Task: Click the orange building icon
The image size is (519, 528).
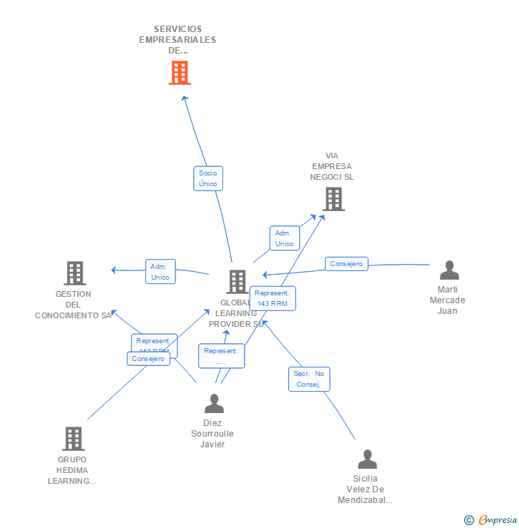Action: click(x=180, y=72)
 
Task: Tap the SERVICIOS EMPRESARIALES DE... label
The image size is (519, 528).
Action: click(x=178, y=40)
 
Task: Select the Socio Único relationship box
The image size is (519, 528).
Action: click(x=208, y=178)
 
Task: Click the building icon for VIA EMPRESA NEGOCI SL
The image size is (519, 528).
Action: click(x=334, y=199)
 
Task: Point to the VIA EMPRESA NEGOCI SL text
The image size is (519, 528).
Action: click(x=332, y=166)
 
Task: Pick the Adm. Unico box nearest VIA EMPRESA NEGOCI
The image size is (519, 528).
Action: click(x=284, y=238)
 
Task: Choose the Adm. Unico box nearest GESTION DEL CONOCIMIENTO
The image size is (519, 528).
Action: click(x=160, y=272)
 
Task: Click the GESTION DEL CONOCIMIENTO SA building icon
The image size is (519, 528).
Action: click(x=75, y=273)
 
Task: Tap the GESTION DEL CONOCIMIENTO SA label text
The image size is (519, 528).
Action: click(x=73, y=305)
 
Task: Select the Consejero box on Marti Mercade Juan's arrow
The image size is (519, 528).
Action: click(x=346, y=264)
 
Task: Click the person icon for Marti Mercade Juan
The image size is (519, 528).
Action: click(x=449, y=270)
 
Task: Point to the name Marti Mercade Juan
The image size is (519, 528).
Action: click(x=447, y=300)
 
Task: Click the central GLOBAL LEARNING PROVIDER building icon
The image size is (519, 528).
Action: click(x=237, y=282)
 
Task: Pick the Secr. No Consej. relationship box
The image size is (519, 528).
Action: click(x=309, y=379)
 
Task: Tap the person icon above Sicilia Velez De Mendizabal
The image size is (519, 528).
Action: click(x=367, y=459)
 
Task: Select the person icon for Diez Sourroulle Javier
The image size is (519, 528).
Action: click(x=214, y=404)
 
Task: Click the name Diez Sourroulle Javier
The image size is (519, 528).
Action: click(x=212, y=434)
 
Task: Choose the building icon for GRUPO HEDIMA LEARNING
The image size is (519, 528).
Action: click(x=73, y=438)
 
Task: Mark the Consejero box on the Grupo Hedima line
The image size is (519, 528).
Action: click(x=148, y=359)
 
